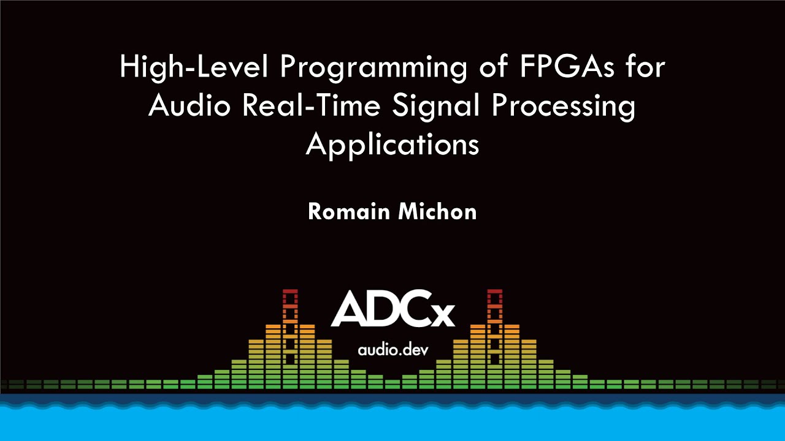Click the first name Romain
pyautogui.click(x=345, y=211)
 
